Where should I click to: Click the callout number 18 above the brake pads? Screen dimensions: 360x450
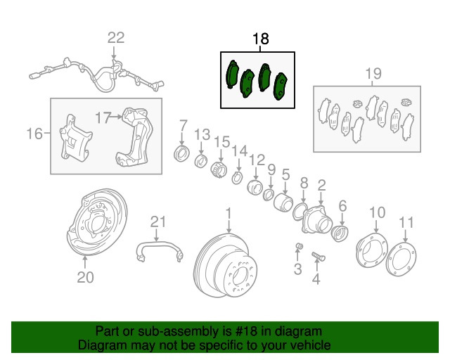(260, 39)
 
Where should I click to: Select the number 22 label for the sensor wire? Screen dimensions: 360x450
(115, 38)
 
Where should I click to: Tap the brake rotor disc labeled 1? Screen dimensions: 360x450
(227, 264)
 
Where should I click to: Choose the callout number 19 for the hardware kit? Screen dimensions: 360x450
(373, 73)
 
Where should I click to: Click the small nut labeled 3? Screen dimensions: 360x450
(299, 245)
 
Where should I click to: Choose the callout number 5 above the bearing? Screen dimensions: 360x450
(285, 174)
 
